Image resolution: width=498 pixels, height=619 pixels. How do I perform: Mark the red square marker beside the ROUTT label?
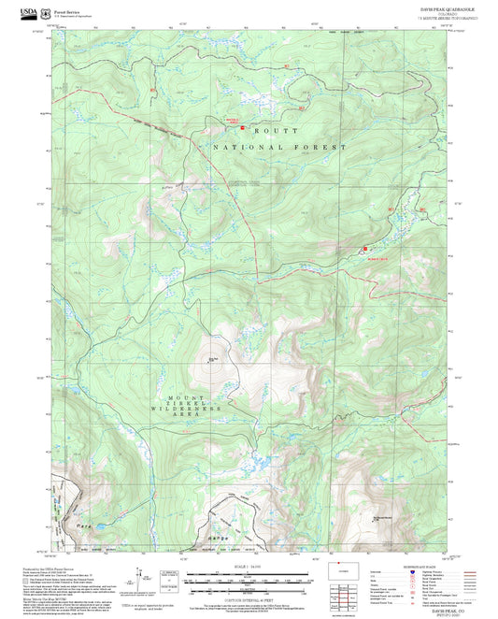[243, 128]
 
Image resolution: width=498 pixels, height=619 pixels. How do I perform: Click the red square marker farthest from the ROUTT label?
[364, 248]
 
